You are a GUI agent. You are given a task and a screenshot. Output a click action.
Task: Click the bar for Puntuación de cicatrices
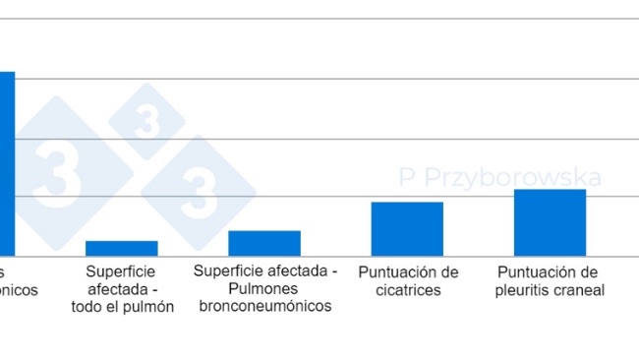click(x=407, y=228)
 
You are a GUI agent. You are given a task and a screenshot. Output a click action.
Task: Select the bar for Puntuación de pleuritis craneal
click(x=550, y=222)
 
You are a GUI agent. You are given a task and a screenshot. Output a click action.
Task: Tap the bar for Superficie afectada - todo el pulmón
click(x=122, y=248)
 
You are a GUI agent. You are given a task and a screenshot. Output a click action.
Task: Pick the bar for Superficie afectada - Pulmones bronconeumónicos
click(x=264, y=243)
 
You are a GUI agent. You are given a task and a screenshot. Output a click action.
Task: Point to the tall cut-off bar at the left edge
click(x=7, y=162)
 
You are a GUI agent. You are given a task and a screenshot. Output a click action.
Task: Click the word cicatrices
click(x=407, y=290)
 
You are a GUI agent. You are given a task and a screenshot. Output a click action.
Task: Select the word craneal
click(x=579, y=290)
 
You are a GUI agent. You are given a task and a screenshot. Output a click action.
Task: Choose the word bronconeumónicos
click(x=264, y=306)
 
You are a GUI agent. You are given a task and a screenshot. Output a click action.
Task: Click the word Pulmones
click(x=264, y=288)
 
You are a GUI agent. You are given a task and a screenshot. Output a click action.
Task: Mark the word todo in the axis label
click(x=87, y=307)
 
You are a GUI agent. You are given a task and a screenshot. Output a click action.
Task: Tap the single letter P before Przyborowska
click(x=407, y=178)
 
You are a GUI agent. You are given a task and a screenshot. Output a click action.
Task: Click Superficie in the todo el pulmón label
click(x=121, y=271)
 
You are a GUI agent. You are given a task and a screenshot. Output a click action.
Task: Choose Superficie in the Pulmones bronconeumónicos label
click(x=228, y=270)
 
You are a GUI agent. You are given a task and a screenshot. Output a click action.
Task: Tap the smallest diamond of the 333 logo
click(x=145, y=122)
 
